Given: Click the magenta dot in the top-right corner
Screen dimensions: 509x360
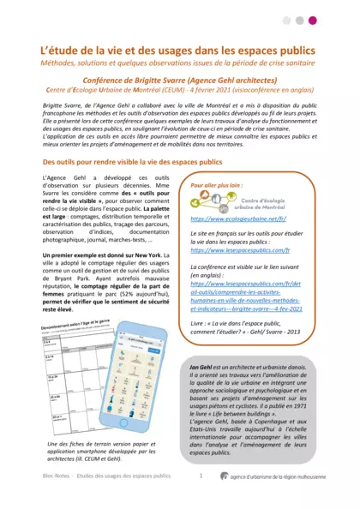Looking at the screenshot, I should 337,20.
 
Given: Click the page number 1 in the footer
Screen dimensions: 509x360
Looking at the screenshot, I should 200,499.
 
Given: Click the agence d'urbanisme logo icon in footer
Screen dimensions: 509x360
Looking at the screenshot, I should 225,499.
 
